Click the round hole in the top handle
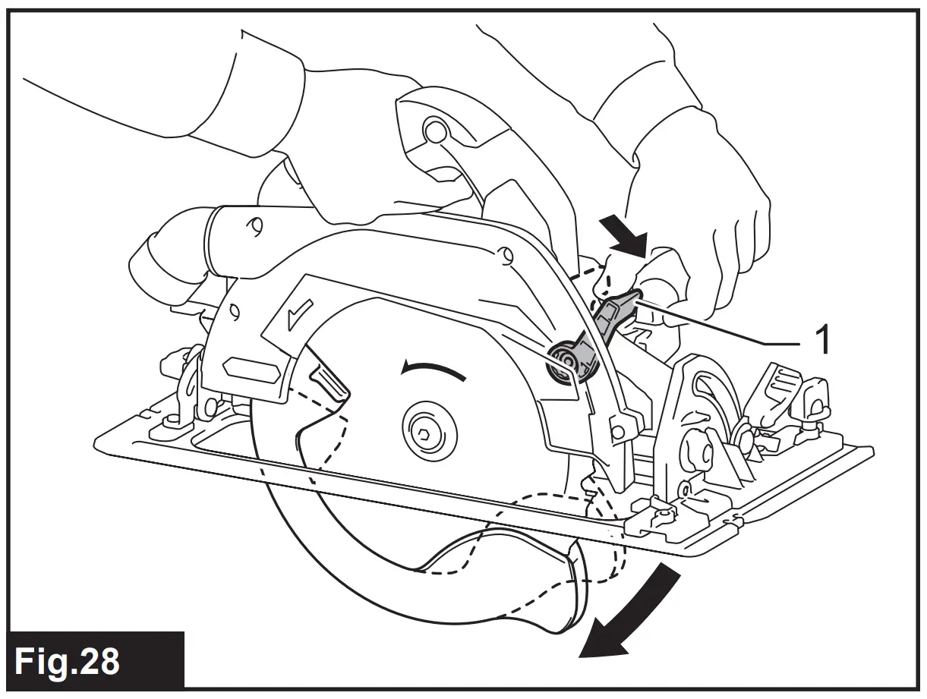tap(435, 131)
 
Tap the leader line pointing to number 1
tap(721, 324)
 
